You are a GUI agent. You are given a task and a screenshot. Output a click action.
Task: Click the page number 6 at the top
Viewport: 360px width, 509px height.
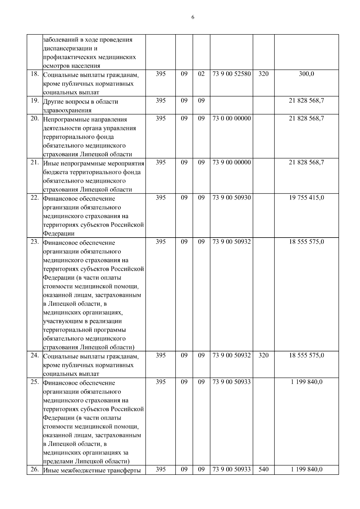click(193, 17)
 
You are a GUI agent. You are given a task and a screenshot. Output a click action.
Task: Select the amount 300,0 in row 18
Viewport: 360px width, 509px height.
click(306, 74)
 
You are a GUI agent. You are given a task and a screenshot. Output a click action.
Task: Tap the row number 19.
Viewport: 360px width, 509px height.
click(35, 101)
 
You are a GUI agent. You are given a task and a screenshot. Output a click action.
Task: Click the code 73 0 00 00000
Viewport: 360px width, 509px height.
click(231, 118)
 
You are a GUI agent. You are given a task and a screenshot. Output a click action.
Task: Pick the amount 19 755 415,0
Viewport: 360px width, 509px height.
click(306, 198)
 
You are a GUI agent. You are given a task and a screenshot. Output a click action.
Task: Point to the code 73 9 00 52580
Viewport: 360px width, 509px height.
click(231, 74)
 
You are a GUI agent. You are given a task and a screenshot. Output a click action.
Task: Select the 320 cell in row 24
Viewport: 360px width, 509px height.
click(263, 355)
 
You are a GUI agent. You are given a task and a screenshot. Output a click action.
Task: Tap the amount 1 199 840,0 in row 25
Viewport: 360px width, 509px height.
click(306, 382)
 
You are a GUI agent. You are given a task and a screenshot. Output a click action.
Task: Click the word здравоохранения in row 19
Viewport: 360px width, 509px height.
click(67, 110)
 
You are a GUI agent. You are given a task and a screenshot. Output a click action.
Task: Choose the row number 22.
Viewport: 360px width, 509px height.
click(35, 198)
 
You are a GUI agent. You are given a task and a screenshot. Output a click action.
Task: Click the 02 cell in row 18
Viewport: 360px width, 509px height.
click(201, 74)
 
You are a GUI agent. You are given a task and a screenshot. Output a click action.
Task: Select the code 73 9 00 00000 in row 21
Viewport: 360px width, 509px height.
click(231, 163)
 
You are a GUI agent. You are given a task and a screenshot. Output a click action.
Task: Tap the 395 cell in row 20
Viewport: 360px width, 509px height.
click(160, 118)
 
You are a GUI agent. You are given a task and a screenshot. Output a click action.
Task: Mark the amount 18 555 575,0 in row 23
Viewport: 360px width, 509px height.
click(306, 242)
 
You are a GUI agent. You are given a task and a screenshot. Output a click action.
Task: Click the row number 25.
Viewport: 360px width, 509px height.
click(35, 382)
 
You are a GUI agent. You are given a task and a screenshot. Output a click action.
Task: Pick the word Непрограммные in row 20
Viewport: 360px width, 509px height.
click(64, 119)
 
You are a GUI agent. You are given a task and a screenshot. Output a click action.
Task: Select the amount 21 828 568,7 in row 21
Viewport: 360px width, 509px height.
click(306, 163)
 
